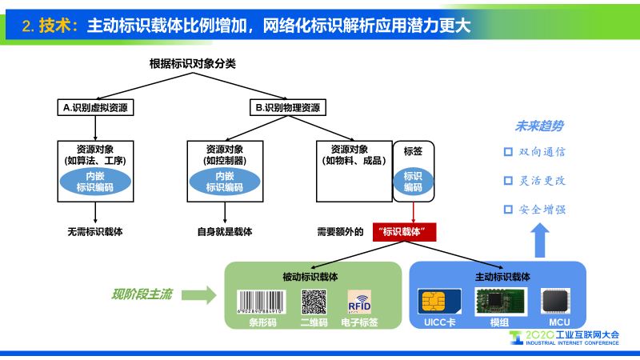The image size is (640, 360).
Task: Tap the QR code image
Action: (314, 302)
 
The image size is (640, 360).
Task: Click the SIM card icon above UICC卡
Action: (437, 302)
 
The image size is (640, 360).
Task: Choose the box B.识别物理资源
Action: (287, 107)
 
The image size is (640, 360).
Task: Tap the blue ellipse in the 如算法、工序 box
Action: (94, 182)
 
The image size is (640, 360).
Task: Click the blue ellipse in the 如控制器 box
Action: (224, 182)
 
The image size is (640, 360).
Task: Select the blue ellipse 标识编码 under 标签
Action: (413, 182)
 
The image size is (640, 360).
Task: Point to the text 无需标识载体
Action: (95, 233)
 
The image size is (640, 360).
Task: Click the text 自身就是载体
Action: (225, 233)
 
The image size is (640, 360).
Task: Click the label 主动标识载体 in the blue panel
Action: (498, 277)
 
